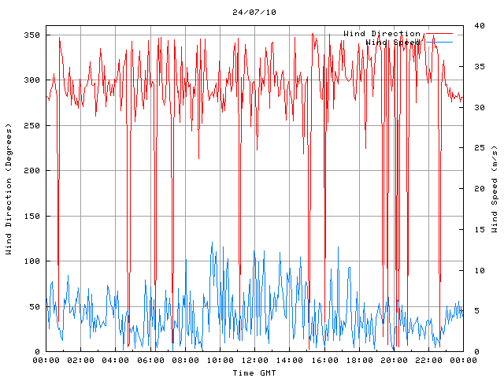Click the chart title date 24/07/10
coord(254,13)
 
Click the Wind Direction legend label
coord(382,34)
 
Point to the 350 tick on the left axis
coord(31,35)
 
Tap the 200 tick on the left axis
coord(31,171)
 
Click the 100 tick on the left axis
coord(31,261)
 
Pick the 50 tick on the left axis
coord(35,306)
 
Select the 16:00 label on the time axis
coord(324,361)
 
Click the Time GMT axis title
coord(254,372)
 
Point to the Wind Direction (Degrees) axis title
coord(9,189)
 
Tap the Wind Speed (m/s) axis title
coord(495,189)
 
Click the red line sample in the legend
coord(439,34)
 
